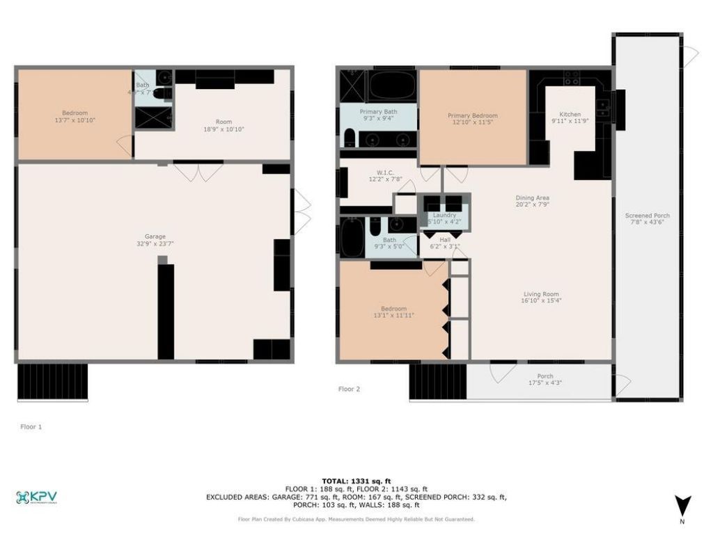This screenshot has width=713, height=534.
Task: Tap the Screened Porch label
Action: coord(647,216)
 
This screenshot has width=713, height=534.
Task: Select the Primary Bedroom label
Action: coord(473,115)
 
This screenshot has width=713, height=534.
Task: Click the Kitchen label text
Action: coord(570,115)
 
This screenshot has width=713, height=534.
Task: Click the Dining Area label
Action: coord(532,197)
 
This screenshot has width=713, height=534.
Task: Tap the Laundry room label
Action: coord(444,216)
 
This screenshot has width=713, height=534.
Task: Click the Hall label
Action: coord(444,238)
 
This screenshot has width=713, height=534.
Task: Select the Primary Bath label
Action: coord(378,111)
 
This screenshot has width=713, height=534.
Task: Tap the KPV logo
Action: coord(36,498)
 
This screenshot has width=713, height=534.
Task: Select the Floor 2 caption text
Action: coord(349,389)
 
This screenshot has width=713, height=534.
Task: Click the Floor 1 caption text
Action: coord(31,427)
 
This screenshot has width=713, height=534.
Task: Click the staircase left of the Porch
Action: coord(437,382)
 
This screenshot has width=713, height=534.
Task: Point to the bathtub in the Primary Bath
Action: coord(392,88)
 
